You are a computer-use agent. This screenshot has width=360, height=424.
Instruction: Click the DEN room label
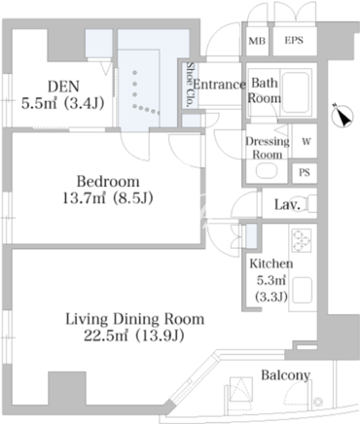(63, 87)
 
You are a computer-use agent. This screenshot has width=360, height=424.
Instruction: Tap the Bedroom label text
(108, 182)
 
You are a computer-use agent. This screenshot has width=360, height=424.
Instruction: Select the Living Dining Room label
(135, 319)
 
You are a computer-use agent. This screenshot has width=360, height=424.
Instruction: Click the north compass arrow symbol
(342, 115)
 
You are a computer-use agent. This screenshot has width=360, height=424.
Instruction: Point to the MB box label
(257, 41)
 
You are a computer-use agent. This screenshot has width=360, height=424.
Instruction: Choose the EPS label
(294, 40)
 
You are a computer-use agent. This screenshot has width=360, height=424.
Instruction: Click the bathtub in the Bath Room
(295, 92)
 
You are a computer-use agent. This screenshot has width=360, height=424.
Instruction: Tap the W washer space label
(306, 142)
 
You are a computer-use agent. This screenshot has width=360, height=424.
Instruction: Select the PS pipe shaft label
(305, 172)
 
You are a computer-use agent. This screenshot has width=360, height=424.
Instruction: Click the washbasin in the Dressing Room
(266, 171)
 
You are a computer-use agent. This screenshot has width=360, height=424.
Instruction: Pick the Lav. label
(287, 204)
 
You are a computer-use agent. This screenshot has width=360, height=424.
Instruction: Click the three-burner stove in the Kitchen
(302, 240)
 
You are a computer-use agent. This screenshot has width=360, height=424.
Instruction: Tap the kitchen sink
(303, 290)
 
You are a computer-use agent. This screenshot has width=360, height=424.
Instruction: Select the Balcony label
(286, 375)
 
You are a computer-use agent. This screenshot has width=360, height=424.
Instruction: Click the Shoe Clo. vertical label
(189, 85)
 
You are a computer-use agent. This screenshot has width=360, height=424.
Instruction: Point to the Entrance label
(219, 85)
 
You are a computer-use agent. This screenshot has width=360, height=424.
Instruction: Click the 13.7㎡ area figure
(84, 198)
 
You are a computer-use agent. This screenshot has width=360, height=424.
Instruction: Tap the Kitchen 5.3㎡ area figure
(271, 280)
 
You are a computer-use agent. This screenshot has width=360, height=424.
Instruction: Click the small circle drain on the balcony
(319, 402)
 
